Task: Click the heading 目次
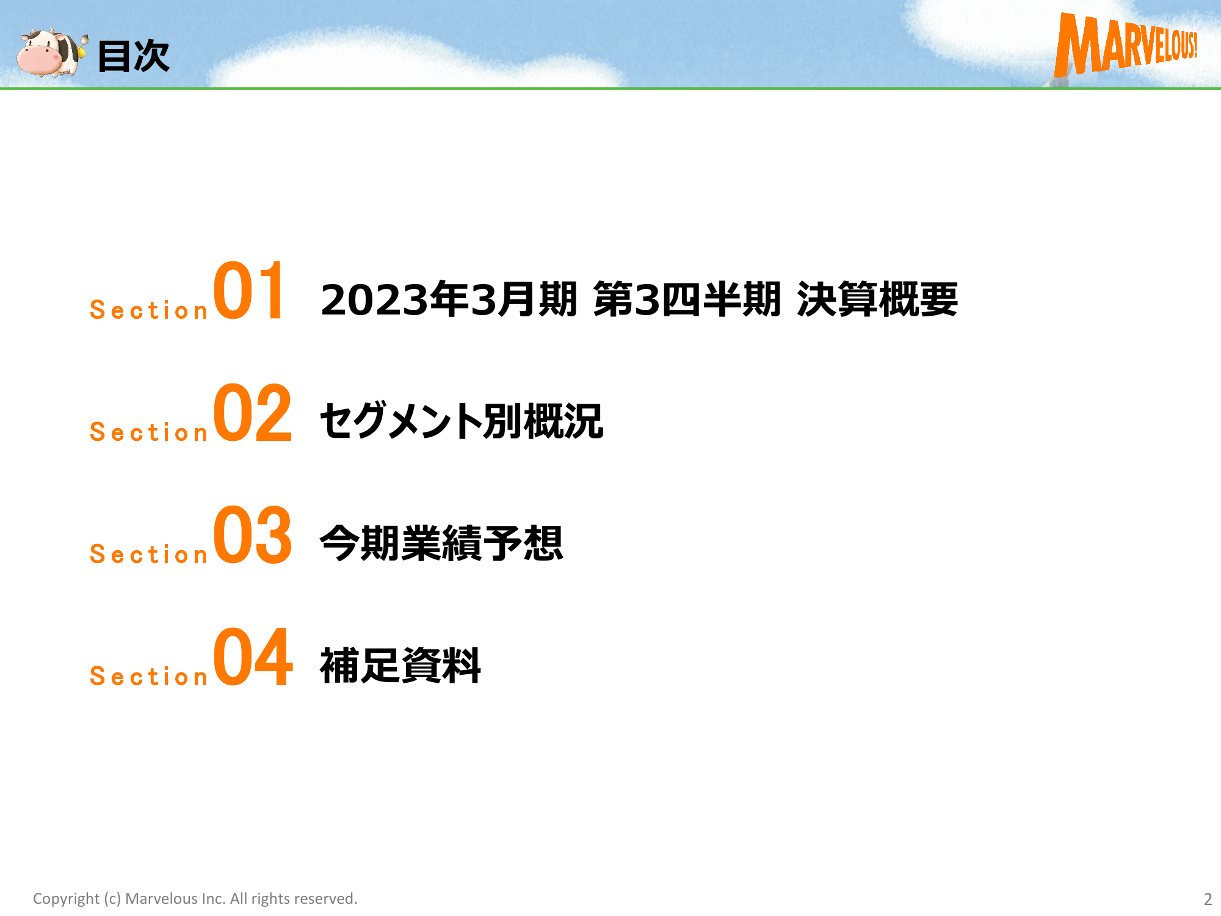[x=134, y=56]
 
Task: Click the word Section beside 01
[x=149, y=310]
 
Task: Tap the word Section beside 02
[x=149, y=432]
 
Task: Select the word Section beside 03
[x=149, y=554]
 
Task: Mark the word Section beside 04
[x=149, y=677]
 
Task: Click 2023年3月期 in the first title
[x=449, y=299]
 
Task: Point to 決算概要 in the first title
[x=877, y=299]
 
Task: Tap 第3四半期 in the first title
[x=687, y=299]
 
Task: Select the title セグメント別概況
[x=462, y=421]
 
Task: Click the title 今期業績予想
[x=441, y=543]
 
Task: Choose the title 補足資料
[x=400, y=665]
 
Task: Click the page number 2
[x=1208, y=899]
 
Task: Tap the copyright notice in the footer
[x=195, y=899]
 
